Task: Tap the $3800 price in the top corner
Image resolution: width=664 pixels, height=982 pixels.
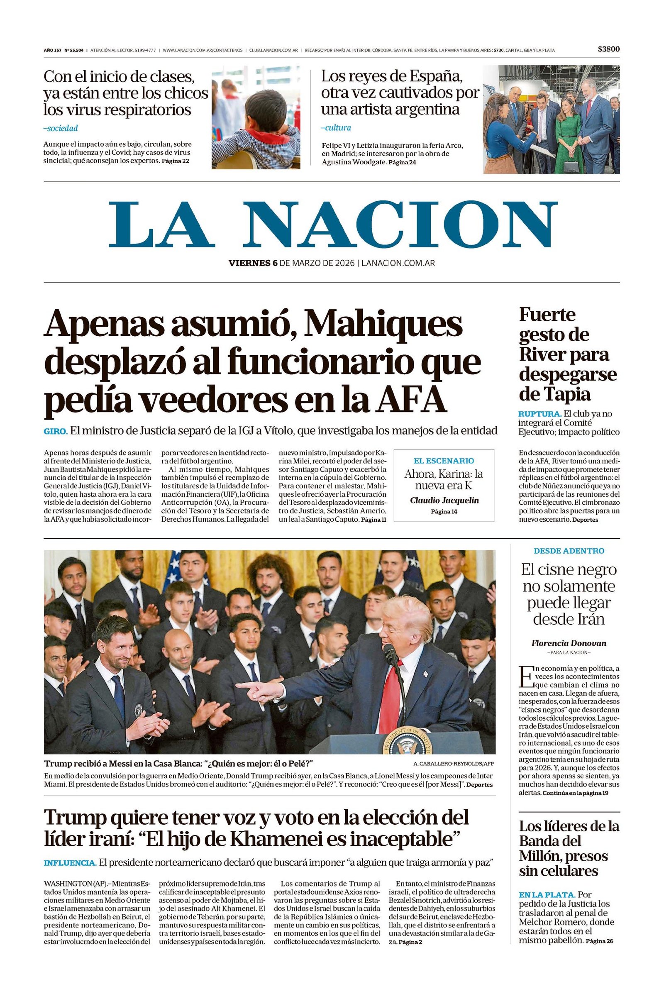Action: (x=609, y=49)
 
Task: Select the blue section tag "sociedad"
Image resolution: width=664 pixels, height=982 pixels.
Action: (x=62, y=128)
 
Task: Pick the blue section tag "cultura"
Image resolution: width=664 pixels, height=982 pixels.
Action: (x=337, y=127)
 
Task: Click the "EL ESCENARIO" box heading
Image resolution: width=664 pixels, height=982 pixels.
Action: (x=444, y=461)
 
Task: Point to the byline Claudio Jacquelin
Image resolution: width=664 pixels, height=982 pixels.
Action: (x=444, y=500)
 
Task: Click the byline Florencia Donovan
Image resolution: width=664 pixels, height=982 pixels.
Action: (x=569, y=644)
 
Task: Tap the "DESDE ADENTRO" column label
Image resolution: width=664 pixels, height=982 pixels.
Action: (x=569, y=551)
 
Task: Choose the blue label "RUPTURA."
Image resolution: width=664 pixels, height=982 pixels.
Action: (x=539, y=414)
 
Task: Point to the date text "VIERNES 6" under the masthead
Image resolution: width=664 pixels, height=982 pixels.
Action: (x=253, y=263)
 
